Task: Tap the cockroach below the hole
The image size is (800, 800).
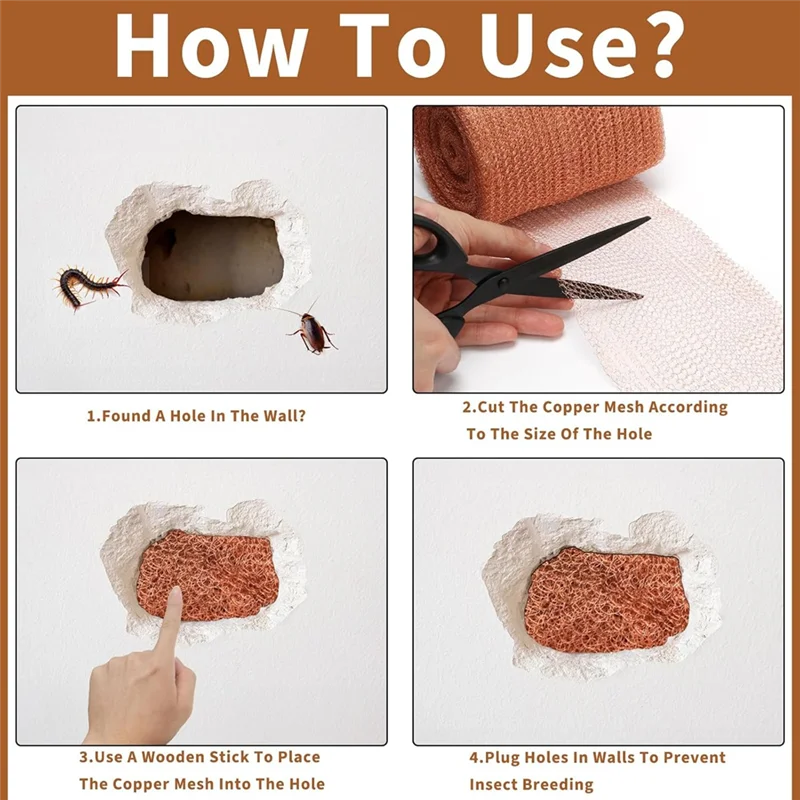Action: [x=313, y=333]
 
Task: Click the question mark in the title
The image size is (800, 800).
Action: [x=658, y=46]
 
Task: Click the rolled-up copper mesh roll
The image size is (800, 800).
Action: [x=540, y=160]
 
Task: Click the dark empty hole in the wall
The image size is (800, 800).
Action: [x=210, y=255]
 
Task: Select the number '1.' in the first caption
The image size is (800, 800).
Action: [x=93, y=415]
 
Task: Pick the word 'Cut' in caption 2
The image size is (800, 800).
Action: [x=491, y=407]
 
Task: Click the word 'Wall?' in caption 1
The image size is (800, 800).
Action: [x=283, y=415]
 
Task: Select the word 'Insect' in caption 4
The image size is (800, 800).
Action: [x=494, y=784]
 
